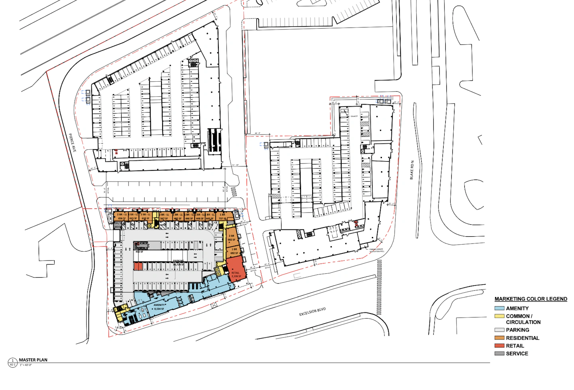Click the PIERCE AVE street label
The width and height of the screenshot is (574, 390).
[x=72, y=143]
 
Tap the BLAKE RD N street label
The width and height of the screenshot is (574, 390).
[x=412, y=170]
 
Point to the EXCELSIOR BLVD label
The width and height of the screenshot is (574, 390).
[x=313, y=312]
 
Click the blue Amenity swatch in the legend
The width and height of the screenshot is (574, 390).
[x=499, y=308]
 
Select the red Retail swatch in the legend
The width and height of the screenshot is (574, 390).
[x=499, y=346]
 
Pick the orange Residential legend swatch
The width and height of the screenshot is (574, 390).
[x=499, y=338]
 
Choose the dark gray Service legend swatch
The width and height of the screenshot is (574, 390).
[x=499, y=353]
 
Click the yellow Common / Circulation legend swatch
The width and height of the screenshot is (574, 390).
[x=499, y=316]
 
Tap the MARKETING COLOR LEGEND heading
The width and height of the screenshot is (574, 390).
[x=531, y=299]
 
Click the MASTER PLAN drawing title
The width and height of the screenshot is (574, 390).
[x=33, y=360]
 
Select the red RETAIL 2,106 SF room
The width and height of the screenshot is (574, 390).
[x=235, y=269]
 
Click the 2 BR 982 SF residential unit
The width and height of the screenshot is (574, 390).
[x=231, y=237]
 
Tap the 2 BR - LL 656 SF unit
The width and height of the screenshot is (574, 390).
[x=122, y=216]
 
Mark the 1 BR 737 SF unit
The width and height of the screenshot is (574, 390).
[x=222, y=216]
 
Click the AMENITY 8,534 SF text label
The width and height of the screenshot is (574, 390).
[x=159, y=307]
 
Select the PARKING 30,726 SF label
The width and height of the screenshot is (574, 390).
[x=178, y=263]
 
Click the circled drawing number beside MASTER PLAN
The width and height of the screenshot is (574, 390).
[x=12, y=362]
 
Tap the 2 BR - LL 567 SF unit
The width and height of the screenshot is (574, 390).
[x=164, y=216]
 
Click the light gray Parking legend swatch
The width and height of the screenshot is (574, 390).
[x=499, y=330]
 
